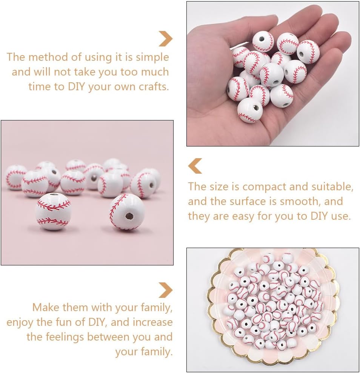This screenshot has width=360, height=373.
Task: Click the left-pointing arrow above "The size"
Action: pos(195,166)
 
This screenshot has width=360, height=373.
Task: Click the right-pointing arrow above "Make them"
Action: pos(165,290)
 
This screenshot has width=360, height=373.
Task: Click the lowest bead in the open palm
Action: pos(250,110)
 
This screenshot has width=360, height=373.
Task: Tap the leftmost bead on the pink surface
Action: pos(15,177)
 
